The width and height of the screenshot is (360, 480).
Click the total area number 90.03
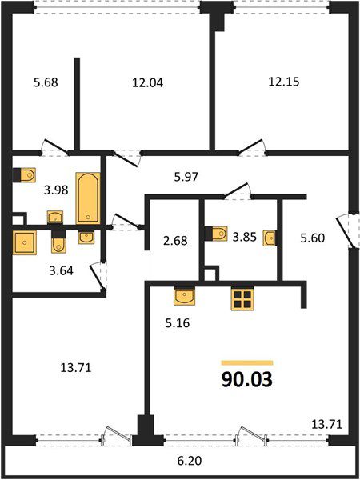(x=246, y=379)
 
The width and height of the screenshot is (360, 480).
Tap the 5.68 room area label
(x=46, y=82)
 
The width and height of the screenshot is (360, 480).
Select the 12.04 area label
(x=147, y=82)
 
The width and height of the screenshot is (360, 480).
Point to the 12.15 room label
(x=284, y=82)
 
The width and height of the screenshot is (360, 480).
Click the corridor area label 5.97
(x=186, y=177)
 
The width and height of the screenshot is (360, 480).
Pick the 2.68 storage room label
(x=175, y=240)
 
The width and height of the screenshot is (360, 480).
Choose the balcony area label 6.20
(x=190, y=461)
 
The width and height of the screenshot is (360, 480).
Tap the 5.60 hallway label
(x=312, y=238)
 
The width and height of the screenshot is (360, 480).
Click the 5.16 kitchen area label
(x=178, y=323)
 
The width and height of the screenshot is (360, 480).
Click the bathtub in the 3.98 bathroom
(x=88, y=198)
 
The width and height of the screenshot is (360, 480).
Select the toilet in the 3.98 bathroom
(x=25, y=175)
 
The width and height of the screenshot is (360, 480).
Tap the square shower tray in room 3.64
(x=24, y=242)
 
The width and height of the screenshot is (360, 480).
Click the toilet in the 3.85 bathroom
(x=216, y=234)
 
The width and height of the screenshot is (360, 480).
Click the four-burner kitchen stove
(x=242, y=299)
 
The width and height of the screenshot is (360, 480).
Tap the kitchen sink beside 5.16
(x=184, y=296)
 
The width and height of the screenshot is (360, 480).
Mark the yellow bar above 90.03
(x=247, y=362)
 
